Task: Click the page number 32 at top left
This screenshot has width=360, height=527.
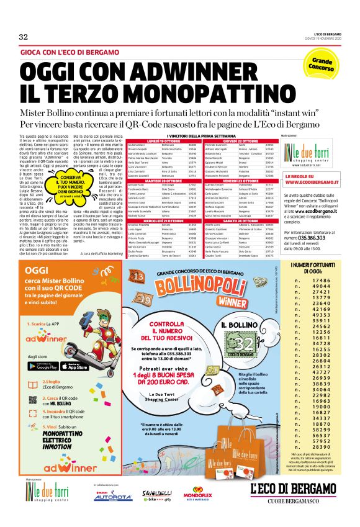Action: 24,37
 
